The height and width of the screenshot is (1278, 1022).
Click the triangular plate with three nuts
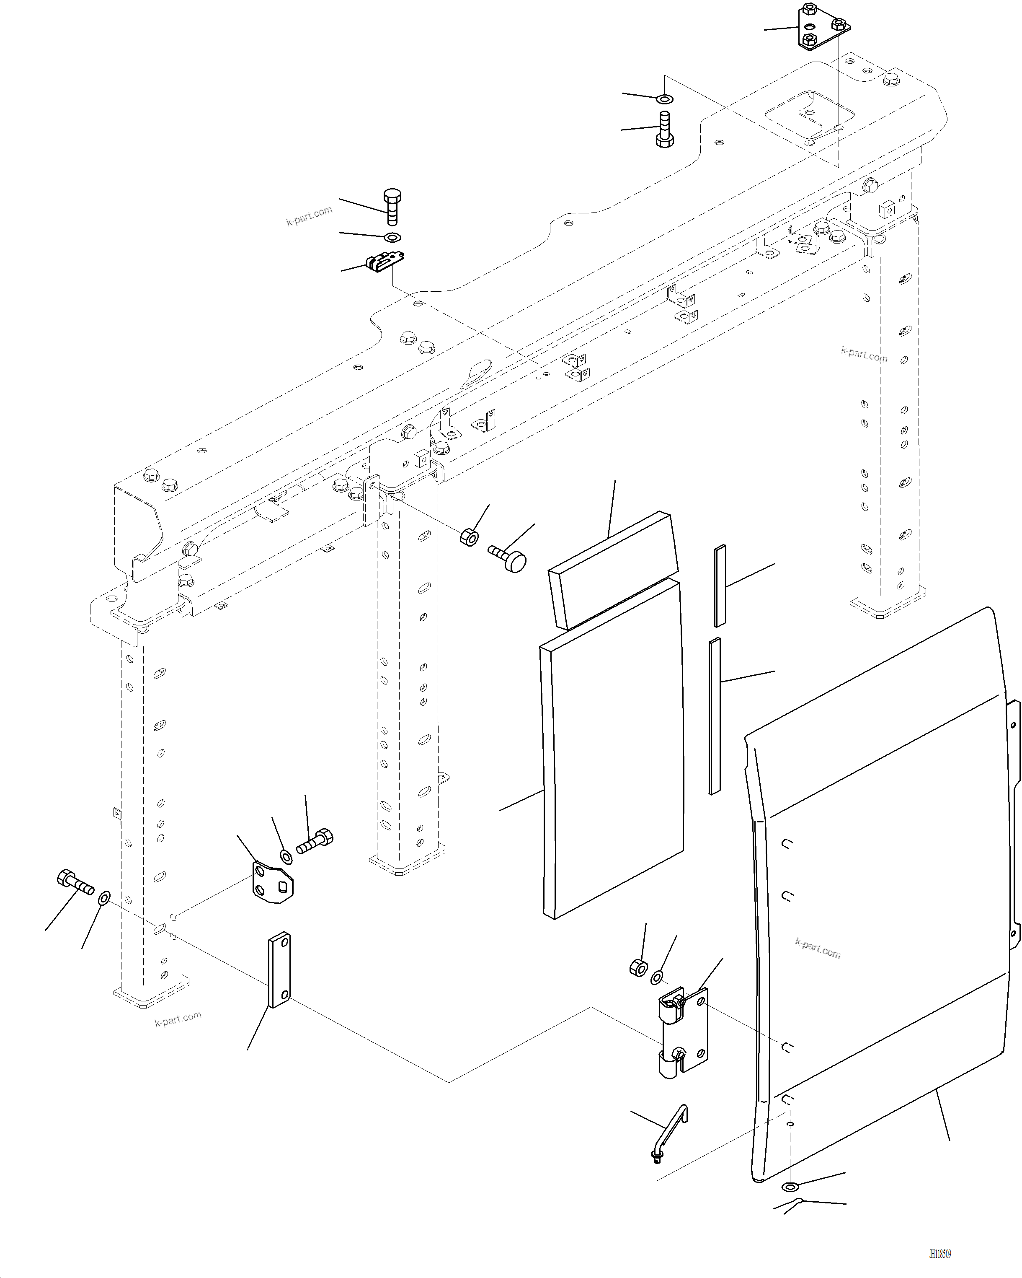tap(821, 27)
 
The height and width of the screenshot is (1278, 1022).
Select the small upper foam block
tap(613, 569)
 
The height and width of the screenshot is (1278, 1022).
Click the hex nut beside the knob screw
tap(469, 537)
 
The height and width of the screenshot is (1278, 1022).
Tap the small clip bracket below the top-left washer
tap(385, 261)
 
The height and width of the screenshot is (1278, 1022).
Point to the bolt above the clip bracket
tap(392, 206)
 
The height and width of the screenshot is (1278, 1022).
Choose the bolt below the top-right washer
tap(665, 129)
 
